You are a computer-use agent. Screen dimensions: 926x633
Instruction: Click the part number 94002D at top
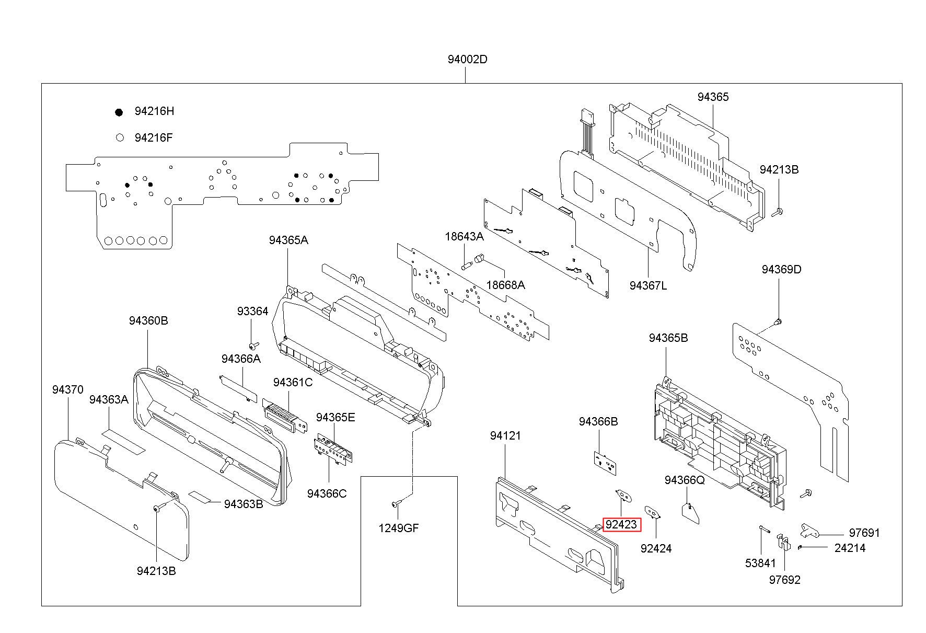point(467,59)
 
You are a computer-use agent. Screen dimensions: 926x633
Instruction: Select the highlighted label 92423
point(621,524)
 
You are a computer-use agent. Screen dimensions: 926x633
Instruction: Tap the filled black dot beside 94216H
point(119,112)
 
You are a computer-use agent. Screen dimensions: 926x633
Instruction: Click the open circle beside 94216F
point(120,137)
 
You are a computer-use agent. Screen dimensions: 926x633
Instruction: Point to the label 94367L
point(648,285)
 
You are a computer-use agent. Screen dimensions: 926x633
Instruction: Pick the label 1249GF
point(399,528)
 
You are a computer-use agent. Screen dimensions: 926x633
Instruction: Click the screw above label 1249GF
point(396,503)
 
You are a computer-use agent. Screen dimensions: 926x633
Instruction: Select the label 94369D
point(781,269)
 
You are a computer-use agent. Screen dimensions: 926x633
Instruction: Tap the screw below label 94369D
point(778,321)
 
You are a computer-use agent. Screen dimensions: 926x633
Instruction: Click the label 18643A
point(464,236)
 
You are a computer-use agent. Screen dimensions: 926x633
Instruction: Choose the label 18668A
point(505,285)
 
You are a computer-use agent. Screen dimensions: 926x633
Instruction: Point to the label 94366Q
point(685,480)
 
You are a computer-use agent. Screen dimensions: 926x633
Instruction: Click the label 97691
point(864,533)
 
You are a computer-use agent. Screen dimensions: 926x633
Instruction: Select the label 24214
point(850,548)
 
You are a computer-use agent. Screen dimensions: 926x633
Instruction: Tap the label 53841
point(760,563)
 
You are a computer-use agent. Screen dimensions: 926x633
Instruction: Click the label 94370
point(67,389)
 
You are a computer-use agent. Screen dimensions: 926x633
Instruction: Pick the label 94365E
point(335,417)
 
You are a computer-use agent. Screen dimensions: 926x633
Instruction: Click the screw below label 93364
point(253,346)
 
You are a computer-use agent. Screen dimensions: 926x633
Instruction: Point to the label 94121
point(505,435)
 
